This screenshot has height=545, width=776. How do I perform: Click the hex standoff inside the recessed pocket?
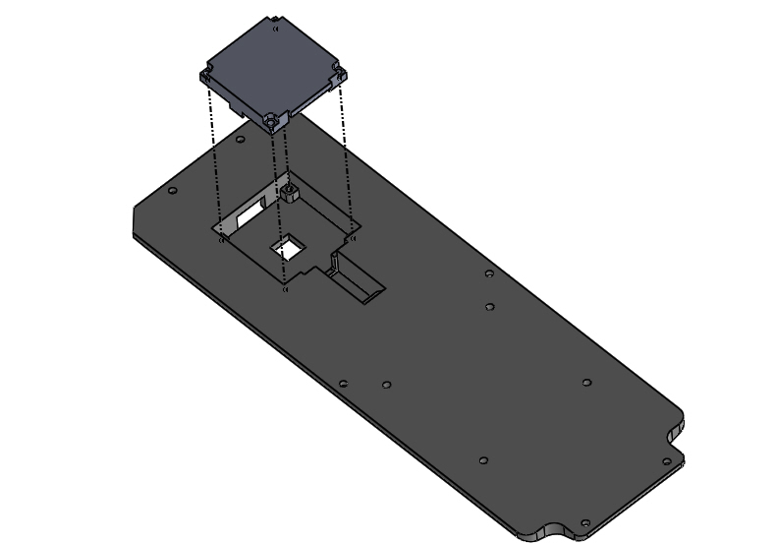pyautogui.click(x=290, y=191)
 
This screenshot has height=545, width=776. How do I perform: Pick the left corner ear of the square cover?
pyautogui.click(x=206, y=76)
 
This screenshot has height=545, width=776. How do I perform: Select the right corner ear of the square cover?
pyautogui.click(x=339, y=73)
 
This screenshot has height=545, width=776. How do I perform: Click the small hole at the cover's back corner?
pyautogui.click(x=276, y=29)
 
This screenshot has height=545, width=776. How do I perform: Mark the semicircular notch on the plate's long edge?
pyautogui.click(x=542, y=531)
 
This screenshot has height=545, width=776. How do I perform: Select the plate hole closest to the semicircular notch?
pyautogui.click(x=585, y=523)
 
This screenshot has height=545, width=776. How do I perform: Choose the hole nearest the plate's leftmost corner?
pyautogui.click(x=172, y=190)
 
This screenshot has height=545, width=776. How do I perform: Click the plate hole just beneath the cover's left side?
pyautogui.click(x=242, y=140)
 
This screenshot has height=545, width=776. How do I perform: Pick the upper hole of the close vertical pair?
pyautogui.click(x=489, y=273)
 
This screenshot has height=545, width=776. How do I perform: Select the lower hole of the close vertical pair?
pyautogui.click(x=489, y=307)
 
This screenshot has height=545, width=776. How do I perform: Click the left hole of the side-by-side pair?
pyautogui.click(x=343, y=384)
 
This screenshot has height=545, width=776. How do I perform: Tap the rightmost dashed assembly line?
pyautogui.click(x=346, y=157)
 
